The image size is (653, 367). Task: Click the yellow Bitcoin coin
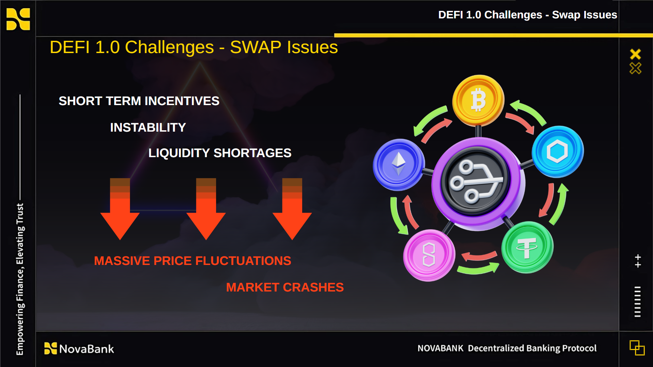pyautogui.click(x=478, y=100)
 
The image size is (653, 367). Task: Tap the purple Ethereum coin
pyautogui.click(x=398, y=165)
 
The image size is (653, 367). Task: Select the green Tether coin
pyautogui.click(x=527, y=247)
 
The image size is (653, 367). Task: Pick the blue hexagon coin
pyautogui.click(x=557, y=152)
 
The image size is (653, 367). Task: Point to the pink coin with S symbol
pyautogui.click(x=429, y=255)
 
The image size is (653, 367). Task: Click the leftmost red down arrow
pyautogui.click(x=120, y=209)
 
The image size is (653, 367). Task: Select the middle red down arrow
pyautogui.click(x=206, y=209)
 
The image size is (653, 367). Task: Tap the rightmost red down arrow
pyautogui.click(x=292, y=209)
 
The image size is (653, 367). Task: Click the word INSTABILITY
pyautogui.click(x=148, y=128)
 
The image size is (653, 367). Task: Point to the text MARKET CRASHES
pyautogui.click(x=285, y=287)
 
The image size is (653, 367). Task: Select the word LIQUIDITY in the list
pyautogui.click(x=179, y=153)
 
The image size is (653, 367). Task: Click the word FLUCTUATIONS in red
pyautogui.click(x=243, y=261)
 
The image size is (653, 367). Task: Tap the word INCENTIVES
pyautogui.click(x=182, y=101)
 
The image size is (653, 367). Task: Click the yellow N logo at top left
pyautogui.click(x=18, y=19)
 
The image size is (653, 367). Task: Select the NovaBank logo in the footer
pyautogui.click(x=79, y=349)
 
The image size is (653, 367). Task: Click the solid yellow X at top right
pyautogui.click(x=635, y=54)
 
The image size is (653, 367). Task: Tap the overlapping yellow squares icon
pyautogui.click(x=637, y=348)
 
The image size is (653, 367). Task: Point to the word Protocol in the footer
pyautogui.click(x=579, y=348)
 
